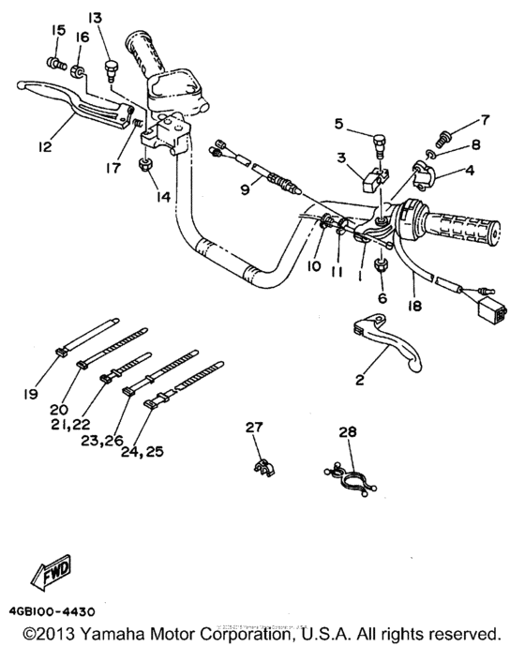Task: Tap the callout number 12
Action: point(44,147)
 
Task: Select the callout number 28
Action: point(348,431)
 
